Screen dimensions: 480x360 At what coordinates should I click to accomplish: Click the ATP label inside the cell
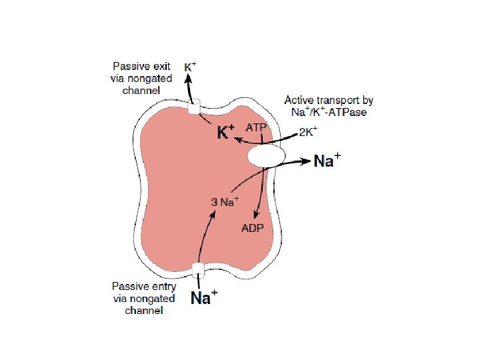tap(257, 126)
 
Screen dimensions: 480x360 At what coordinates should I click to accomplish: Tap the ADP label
tap(252, 228)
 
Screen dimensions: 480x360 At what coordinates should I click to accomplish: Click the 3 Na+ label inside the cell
tap(225, 201)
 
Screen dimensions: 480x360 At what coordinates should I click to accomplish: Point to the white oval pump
tap(267, 157)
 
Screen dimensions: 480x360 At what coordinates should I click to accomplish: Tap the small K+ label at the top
tap(190, 67)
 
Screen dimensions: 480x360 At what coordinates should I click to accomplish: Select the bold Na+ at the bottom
tap(201, 298)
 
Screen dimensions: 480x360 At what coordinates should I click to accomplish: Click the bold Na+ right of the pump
tap(327, 162)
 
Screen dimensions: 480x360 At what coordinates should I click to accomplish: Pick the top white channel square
tap(195, 108)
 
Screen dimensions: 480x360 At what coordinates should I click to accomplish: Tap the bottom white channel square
tap(197, 270)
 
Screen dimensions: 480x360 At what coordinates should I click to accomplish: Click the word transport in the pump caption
tap(336, 101)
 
